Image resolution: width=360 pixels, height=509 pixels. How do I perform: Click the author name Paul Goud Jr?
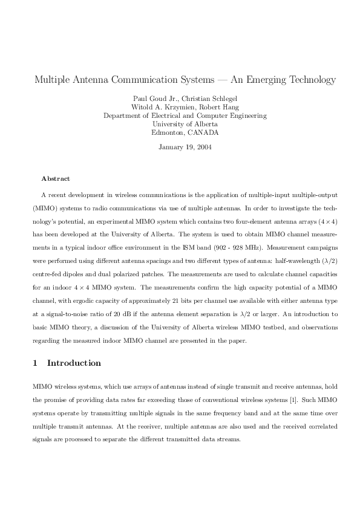[x=151, y=99]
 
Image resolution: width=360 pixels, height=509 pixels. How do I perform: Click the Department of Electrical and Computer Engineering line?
[x=185, y=115]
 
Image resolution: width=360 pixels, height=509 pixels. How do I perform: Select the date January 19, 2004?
[x=185, y=147]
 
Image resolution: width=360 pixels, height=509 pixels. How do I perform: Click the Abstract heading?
[x=56, y=179]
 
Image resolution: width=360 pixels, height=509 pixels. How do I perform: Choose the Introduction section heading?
[x=74, y=363]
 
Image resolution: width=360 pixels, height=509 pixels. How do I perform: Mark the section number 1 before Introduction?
[x=36, y=363]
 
